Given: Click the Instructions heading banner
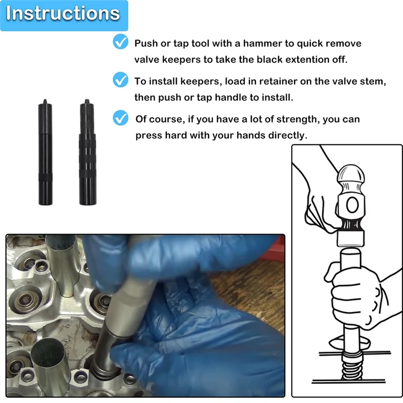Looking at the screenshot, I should point(63,14).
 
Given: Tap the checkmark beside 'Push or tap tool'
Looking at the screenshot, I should point(120,43).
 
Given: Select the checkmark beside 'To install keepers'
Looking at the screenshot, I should point(120,80).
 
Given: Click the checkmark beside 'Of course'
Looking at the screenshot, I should point(120,118).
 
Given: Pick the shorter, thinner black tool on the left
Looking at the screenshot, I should point(45,151).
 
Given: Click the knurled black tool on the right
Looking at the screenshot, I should point(87,151).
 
